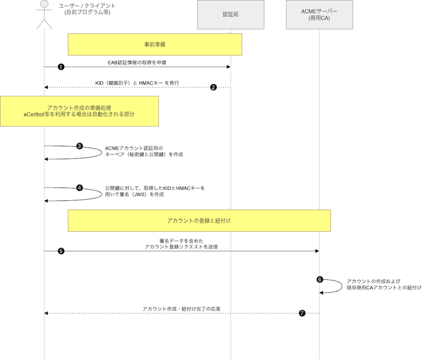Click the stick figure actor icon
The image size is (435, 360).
pos(43,15)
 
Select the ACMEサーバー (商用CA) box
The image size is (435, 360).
pos(319,15)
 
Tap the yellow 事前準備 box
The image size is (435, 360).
pos(155,44)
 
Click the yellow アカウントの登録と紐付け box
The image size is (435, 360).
pos(199,221)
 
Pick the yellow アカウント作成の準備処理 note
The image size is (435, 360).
pos(79,111)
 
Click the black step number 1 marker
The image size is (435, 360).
pos(61,67)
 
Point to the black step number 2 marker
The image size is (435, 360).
pos(213,87)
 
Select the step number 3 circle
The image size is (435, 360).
pos(79,146)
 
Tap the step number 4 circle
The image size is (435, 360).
pos(79,188)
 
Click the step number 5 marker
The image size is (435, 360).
pos(61,251)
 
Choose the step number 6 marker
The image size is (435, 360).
pos(320,279)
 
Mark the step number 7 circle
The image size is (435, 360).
pos(302,313)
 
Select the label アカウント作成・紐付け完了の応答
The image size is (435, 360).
pos(182,308)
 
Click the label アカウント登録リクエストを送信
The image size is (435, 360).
pos(181,247)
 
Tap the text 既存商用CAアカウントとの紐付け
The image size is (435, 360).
pos(384,287)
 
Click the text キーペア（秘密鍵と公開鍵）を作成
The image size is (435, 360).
pos(144,155)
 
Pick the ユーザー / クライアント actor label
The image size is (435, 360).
pos(88,6)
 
